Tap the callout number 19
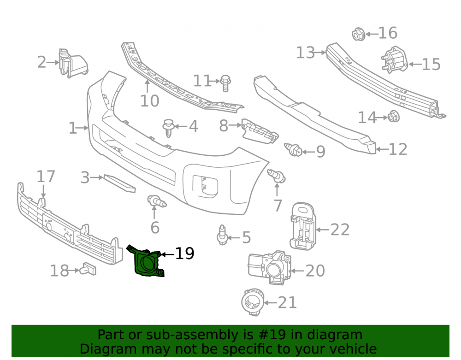(185, 254)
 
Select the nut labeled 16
(358, 34)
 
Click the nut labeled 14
(393, 117)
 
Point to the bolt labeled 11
(225, 83)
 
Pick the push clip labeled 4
(168, 128)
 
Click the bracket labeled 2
(73, 63)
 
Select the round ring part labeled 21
(253, 302)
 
